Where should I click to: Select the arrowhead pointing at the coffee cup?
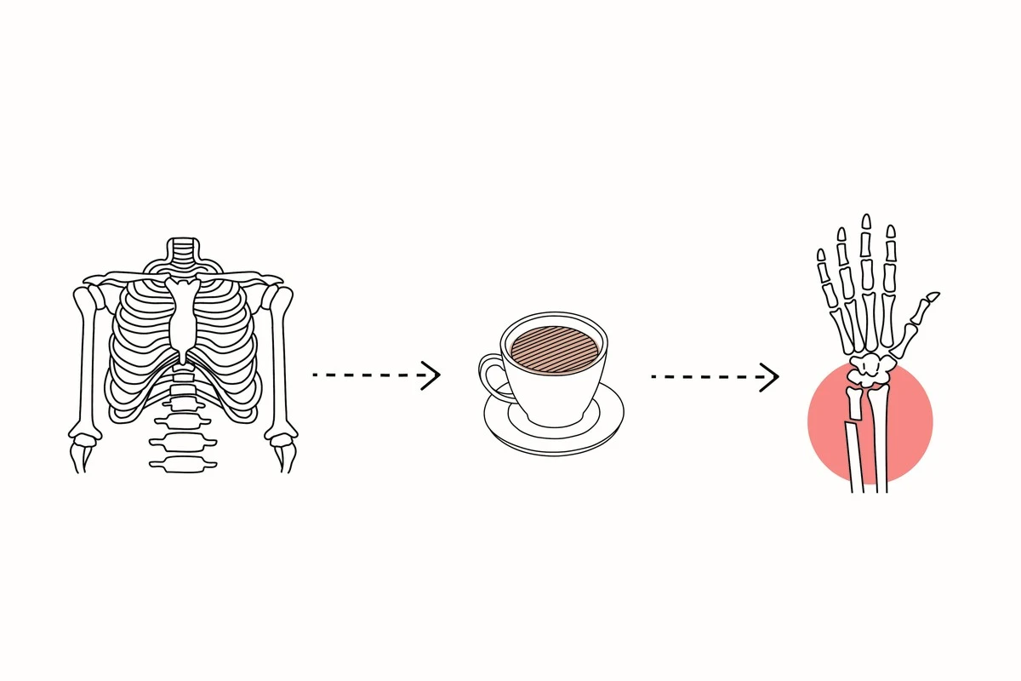(x=432, y=375)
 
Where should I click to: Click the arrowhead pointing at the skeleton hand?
(x=770, y=376)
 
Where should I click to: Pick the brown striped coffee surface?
(x=554, y=346)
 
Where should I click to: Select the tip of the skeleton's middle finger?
(x=866, y=222)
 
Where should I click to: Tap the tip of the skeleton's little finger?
(x=821, y=255)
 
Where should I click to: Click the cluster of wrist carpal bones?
(x=870, y=368)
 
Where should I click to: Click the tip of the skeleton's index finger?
(x=891, y=232)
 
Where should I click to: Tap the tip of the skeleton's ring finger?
(x=841, y=234)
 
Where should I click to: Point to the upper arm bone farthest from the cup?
(x=85, y=358)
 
